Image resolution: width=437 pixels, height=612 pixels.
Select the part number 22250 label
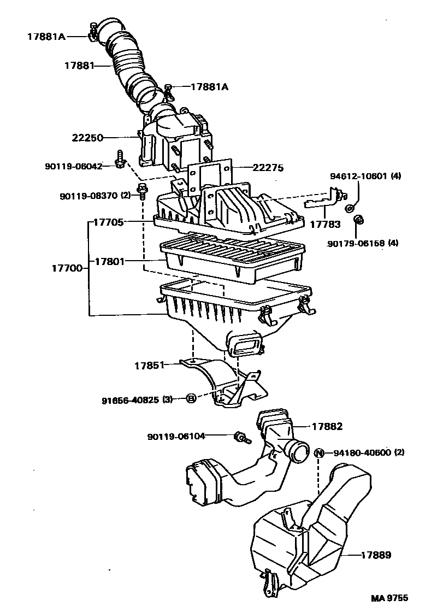click(x=88, y=138)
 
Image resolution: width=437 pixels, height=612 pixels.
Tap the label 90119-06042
click(x=74, y=166)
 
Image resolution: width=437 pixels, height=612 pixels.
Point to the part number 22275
click(x=268, y=168)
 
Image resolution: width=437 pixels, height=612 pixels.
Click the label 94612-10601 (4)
click(x=365, y=176)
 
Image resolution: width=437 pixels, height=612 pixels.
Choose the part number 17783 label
click(x=325, y=224)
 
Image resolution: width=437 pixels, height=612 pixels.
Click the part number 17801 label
click(x=110, y=262)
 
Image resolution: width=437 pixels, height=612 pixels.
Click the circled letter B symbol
click(x=191, y=399)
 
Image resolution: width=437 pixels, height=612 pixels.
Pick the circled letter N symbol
click(x=320, y=452)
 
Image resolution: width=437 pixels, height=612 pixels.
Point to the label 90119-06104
click(x=176, y=436)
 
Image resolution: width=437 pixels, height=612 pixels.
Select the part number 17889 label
click(x=376, y=555)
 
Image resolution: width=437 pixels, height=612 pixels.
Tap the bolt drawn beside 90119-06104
click(x=241, y=437)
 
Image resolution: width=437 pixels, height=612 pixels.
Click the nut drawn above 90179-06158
click(x=359, y=220)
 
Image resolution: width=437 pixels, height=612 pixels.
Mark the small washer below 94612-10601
click(x=350, y=208)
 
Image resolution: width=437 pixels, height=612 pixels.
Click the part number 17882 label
click(x=327, y=426)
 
